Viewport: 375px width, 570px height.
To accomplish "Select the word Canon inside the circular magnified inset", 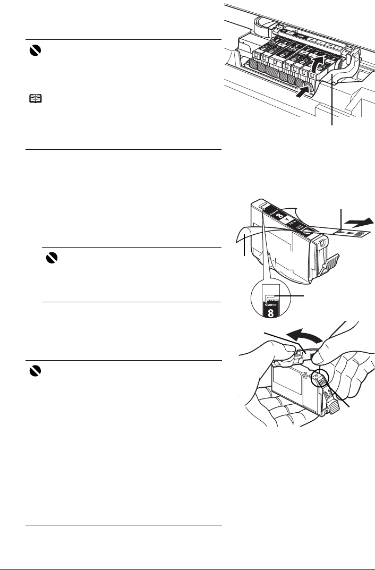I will [271, 303].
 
